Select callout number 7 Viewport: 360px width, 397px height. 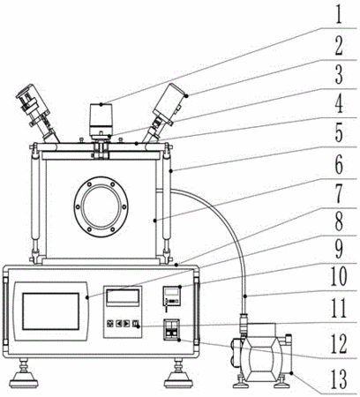[x=339, y=194]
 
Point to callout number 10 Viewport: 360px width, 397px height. [x=339, y=276]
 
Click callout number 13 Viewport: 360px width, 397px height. [x=339, y=379]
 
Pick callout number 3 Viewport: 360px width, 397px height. [x=339, y=74]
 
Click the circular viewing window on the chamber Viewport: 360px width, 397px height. [x=101, y=206]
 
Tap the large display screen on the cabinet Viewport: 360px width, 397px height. [x=50, y=311]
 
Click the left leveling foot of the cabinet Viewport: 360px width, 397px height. [x=23, y=373]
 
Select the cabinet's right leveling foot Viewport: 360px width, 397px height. [x=178, y=373]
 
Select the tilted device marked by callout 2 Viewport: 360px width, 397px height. [x=166, y=112]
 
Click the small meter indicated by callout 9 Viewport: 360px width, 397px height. [x=171, y=296]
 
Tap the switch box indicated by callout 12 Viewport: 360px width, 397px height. [x=171, y=330]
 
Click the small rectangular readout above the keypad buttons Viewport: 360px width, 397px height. [x=123, y=296]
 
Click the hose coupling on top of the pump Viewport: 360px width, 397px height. [x=244, y=324]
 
